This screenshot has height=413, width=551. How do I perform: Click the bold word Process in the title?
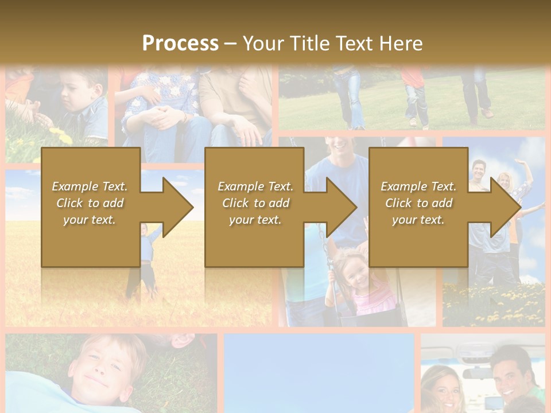(x=180, y=43)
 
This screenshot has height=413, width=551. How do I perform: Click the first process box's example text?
(x=90, y=203)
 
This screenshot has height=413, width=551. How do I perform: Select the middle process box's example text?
(x=255, y=203)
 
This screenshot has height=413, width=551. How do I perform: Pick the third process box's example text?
(x=418, y=203)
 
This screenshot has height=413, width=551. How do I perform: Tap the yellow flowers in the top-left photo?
(x=60, y=135)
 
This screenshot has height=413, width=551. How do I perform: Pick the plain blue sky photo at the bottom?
(x=319, y=373)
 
